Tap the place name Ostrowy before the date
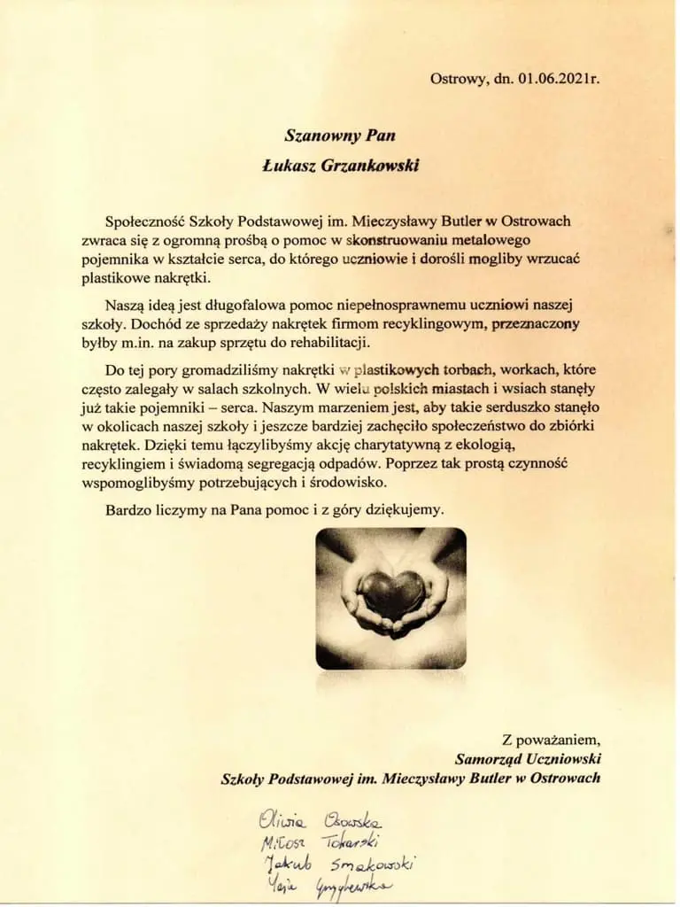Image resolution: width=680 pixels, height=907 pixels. pyautogui.click(x=458, y=78)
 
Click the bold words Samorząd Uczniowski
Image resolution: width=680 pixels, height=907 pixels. pyautogui.click(x=528, y=758)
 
